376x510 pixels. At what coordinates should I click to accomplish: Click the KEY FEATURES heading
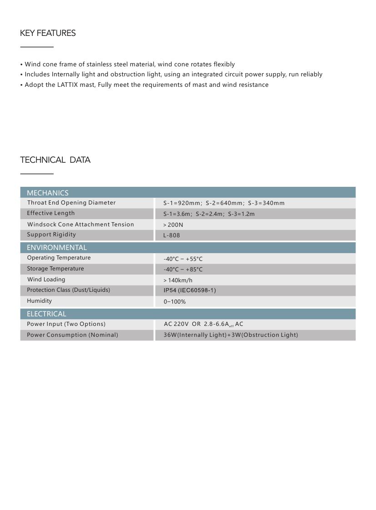coord(48,33)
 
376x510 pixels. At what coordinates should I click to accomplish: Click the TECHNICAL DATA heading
coord(55,160)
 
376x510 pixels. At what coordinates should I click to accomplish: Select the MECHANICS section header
coord(48,193)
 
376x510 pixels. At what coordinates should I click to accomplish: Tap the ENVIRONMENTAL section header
coord(56,248)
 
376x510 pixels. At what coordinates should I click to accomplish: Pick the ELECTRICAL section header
coord(46,314)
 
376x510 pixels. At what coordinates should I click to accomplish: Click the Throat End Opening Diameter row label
coord(71,203)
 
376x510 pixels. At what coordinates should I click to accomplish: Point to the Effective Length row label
coord(51,213)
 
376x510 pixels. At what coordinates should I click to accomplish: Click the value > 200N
coord(173,225)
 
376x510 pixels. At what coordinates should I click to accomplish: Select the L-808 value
coord(171,235)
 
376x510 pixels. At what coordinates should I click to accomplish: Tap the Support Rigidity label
coord(51,235)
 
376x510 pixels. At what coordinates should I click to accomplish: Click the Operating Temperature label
coord(59,258)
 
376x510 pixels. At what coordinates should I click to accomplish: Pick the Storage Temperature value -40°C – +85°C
coord(183,269)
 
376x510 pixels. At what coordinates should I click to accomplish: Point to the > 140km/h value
coord(178,280)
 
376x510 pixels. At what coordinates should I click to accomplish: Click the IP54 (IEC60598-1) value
coord(190,290)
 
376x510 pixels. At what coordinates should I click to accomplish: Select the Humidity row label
coord(40,301)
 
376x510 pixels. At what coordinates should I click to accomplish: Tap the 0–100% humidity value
coord(175,301)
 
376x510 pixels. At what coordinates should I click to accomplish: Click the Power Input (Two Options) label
coord(66,324)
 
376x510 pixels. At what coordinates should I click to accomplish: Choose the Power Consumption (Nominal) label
coord(72,335)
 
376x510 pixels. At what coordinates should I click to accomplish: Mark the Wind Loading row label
coord(46,280)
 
